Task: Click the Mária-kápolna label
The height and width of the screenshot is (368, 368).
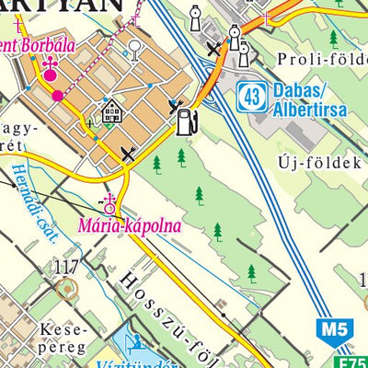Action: tap(128, 224)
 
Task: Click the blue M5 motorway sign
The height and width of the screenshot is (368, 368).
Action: tap(332, 328)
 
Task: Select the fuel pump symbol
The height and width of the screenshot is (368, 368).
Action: tap(186, 120)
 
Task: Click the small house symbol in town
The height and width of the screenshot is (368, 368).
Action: tap(113, 113)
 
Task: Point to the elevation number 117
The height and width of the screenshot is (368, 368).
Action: tap(66, 268)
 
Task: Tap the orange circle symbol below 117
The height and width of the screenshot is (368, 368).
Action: tap(64, 290)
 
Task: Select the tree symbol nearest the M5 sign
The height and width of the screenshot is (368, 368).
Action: tap(250, 271)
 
